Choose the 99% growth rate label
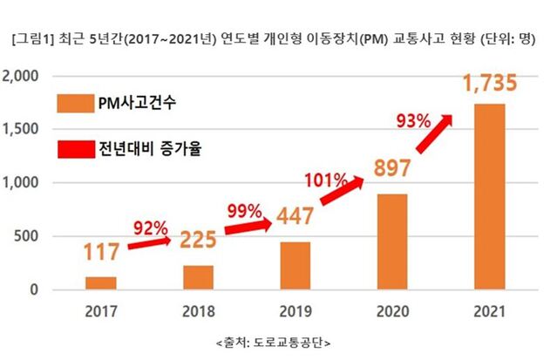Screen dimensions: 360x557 244,210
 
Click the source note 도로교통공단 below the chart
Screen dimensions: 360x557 278,341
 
